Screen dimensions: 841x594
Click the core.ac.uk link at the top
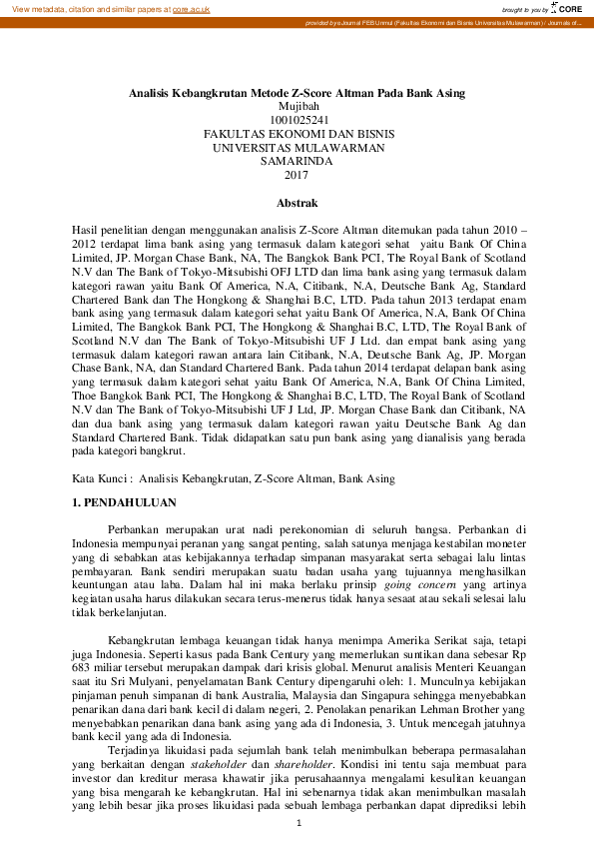(190, 8)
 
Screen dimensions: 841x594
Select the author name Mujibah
(297, 106)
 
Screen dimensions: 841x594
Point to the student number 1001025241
(297, 120)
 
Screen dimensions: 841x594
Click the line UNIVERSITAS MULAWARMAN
(297, 147)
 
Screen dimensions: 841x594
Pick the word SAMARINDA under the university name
(297, 160)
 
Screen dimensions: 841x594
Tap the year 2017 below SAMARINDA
(297, 174)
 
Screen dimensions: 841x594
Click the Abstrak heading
(297, 203)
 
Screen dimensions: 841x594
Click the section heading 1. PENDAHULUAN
(125, 501)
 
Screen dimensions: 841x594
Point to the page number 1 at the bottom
(297, 822)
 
